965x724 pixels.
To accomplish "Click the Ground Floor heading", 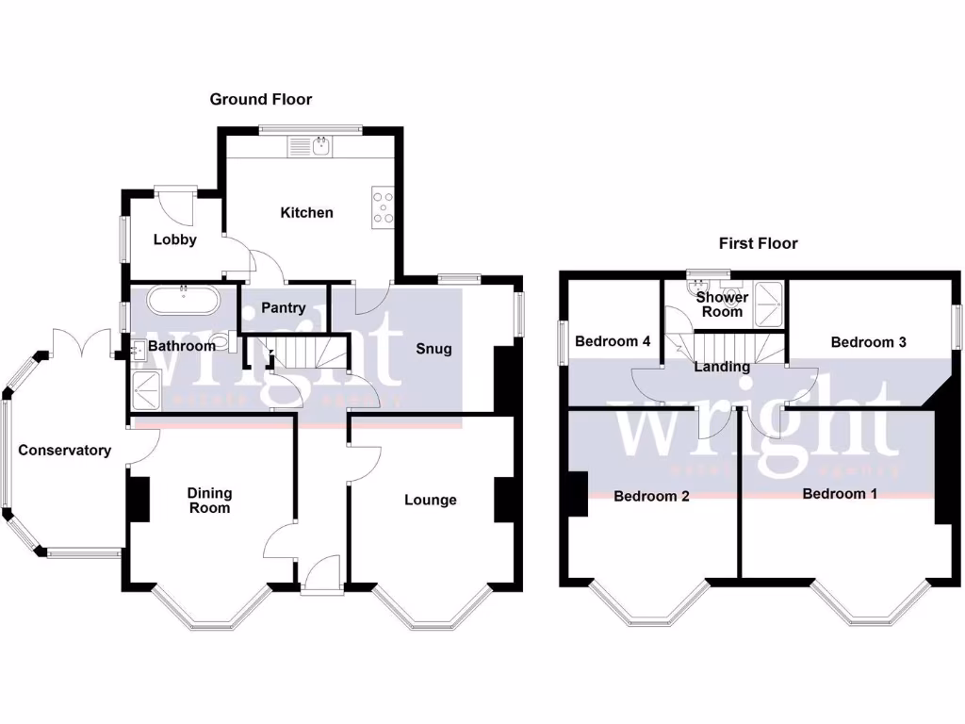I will (260, 99).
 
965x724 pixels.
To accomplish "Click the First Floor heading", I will (758, 243).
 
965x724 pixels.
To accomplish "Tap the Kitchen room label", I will (306, 212).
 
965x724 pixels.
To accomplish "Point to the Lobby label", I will (175, 239).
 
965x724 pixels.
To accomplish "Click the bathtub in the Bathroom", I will (185, 302).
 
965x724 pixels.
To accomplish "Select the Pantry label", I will (283, 307).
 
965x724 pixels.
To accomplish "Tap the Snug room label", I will (433, 349).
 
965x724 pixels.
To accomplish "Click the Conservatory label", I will (64, 451).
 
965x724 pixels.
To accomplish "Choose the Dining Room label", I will (209, 501).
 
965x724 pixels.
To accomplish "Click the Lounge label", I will (431, 500).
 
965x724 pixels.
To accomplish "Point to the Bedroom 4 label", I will (613, 341).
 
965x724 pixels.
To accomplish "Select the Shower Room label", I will (722, 304).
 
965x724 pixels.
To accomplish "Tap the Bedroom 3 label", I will (868, 342).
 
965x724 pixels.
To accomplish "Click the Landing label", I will (722, 367).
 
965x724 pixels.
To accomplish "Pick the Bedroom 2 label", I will (651, 496).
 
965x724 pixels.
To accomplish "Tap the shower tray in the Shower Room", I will (770, 303).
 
